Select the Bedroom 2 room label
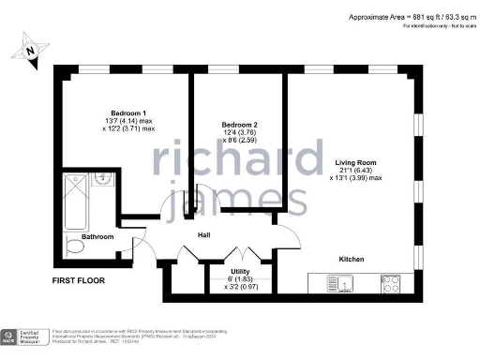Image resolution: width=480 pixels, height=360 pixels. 239,125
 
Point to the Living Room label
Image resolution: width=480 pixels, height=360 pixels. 358,163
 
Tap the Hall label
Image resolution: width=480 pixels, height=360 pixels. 202,247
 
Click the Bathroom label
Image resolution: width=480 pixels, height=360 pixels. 97,237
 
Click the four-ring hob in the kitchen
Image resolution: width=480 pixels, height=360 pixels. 390,282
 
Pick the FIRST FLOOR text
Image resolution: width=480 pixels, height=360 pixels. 79,280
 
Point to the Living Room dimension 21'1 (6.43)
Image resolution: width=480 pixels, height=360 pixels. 358,172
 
